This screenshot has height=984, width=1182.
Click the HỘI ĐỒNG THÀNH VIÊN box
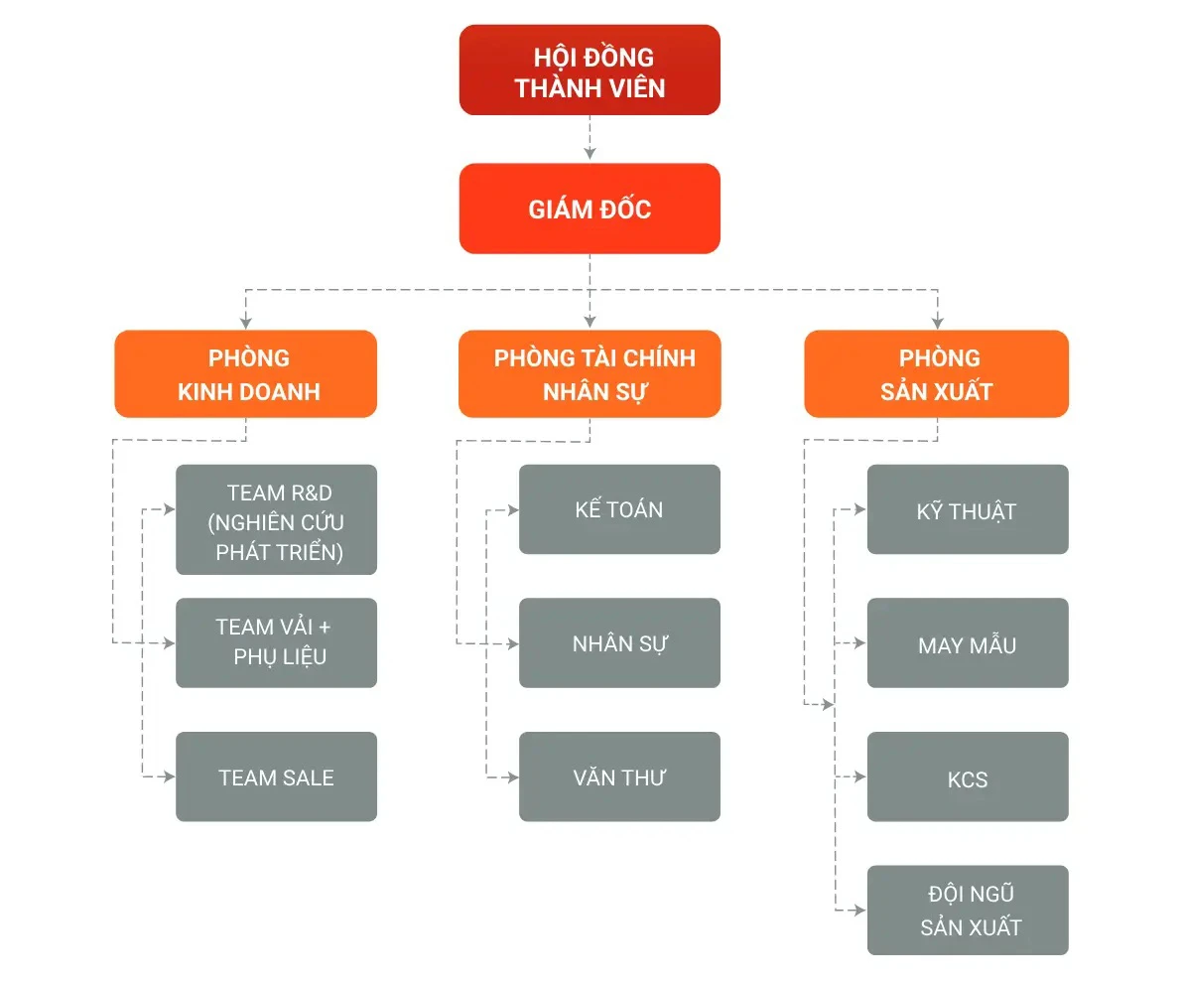[590, 70]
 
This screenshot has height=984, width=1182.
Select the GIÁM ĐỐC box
[590, 209]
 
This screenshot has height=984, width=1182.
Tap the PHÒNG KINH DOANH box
[246, 373]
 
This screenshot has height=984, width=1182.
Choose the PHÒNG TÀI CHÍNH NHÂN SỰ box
[590, 373]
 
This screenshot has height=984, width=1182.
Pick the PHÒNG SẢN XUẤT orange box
[936, 373]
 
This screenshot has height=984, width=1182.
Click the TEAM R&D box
[277, 519]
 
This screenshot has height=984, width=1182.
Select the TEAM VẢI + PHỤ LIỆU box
[277, 642]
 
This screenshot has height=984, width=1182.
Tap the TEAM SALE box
[277, 776]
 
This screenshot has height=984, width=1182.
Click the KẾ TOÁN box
[619, 509]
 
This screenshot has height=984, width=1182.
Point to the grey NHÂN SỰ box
[619, 642]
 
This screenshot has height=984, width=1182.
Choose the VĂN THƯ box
[619, 776]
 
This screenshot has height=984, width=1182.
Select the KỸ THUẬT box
[968, 509]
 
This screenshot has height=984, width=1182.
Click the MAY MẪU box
[968, 642]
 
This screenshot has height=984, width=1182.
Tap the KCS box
[968, 776]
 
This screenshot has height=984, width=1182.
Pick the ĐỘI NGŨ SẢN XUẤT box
[968, 911]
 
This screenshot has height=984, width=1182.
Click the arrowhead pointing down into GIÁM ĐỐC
[590, 154]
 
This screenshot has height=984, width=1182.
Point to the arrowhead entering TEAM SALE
[170, 776]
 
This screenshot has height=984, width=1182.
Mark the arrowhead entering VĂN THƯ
[513, 776]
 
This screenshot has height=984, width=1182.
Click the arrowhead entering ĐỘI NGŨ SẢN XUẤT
[861, 910]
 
